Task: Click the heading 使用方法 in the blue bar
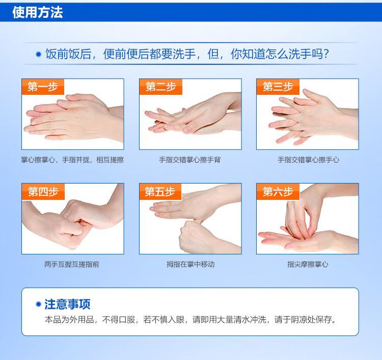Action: tap(38, 12)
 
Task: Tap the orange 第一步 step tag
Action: tap(43, 87)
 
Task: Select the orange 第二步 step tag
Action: tap(161, 87)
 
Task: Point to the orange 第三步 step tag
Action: tap(278, 87)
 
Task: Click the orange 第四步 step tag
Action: tap(43, 192)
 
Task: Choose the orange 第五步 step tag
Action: tap(160, 192)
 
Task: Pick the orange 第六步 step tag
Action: tap(278, 192)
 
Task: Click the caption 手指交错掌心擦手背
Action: tap(190, 160)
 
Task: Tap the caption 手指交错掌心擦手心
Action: tap(308, 160)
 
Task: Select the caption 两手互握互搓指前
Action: tap(72, 264)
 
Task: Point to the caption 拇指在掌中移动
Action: tap(190, 264)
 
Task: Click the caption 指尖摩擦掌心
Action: tap(308, 264)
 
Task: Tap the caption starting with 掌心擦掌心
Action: tap(72, 160)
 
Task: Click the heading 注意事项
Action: tap(67, 304)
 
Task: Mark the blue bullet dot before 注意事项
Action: tap(38, 304)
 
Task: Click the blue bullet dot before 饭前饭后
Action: tap(39, 54)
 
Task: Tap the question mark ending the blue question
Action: tap(326, 54)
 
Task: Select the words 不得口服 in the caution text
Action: tap(119, 319)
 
